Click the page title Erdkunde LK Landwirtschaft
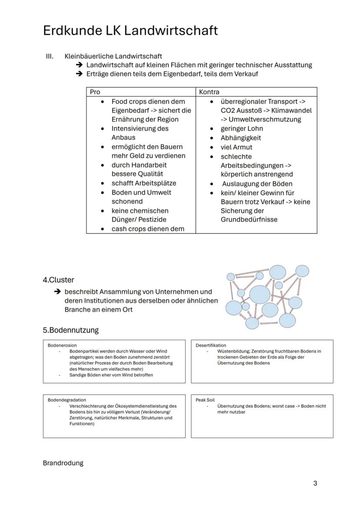click(x=130, y=31)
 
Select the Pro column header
click(x=95, y=92)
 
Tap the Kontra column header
click(x=209, y=92)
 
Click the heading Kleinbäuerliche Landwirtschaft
click(x=113, y=56)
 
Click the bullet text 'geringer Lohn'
click(x=241, y=129)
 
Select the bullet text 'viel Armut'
click(x=236, y=147)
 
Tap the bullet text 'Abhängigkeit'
click(x=240, y=138)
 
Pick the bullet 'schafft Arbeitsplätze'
click(x=143, y=183)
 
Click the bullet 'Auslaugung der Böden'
click(x=257, y=183)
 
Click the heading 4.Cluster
click(x=58, y=280)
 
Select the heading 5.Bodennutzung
click(x=70, y=330)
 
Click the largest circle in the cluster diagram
click(x=260, y=294)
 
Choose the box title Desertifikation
click(x=211, y=345)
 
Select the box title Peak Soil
click(x=205, y=400)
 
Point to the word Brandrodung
click(x=63, y=463)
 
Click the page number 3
click(x=315, y=483)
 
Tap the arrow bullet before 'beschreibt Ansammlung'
click(x=57, y=292)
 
